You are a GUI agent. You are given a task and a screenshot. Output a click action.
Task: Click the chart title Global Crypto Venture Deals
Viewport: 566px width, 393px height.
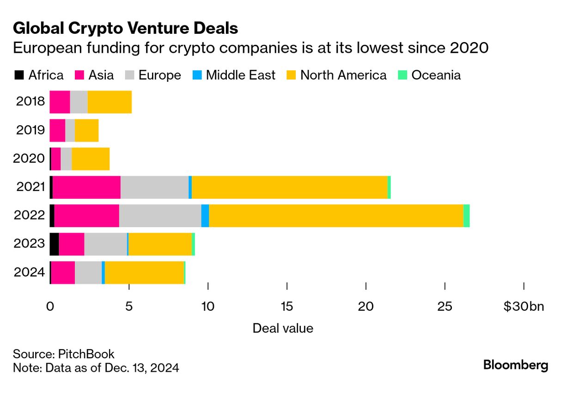click(x=125, y=29)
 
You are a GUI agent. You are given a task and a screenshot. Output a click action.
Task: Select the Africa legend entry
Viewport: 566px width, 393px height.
click(x=39, y=75)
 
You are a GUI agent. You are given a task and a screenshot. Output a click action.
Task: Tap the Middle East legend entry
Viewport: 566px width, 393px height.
click(x=235, y=75)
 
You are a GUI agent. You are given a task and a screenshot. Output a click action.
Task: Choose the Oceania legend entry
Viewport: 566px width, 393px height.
click(x=430, y=75)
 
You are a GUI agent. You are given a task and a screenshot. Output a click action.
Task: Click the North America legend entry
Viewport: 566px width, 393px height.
click(x=337, y=75)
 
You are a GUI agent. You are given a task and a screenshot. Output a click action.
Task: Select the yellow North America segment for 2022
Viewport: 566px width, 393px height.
click(x=336, y=215)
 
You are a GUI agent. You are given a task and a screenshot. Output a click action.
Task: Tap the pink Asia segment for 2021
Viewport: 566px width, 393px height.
click(x=86, y=187)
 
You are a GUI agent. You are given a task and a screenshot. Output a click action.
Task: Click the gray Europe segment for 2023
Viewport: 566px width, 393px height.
click(x=106, y=244)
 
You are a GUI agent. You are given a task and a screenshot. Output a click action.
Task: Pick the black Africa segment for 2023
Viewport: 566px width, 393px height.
click(x=54, y=244)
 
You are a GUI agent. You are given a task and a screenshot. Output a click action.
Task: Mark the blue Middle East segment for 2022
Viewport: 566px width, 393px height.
click(x=205, y=215)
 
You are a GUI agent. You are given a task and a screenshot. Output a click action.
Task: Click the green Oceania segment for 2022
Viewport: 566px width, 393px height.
click(x=467, y=215)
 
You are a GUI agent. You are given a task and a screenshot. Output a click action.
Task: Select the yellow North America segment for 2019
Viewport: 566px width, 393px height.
click(x=87, y=130)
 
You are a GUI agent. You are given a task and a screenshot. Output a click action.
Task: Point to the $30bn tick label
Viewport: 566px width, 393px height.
click(x=524, y=307)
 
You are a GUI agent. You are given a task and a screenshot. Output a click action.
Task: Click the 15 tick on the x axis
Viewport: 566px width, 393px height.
click(x=287, y=307)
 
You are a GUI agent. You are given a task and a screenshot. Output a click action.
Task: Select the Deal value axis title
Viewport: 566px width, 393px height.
click(x=283, y=328)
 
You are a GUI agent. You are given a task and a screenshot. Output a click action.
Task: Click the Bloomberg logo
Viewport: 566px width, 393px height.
click(x=516, y=365)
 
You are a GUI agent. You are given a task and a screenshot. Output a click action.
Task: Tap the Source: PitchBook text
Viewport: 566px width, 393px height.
click(x=64, y=354)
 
